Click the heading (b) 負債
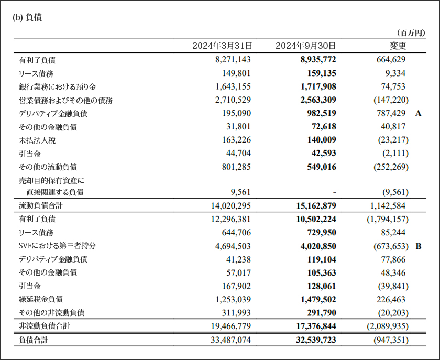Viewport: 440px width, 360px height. pos(27,17)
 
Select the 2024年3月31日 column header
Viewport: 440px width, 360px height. pos(222,46)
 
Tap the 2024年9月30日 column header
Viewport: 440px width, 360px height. pos(305,46)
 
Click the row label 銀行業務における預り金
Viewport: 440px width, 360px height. pos(58,86)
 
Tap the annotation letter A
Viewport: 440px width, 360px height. pos(418,113)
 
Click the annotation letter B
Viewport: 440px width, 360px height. pos(418,246)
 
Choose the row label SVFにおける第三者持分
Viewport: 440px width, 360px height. pos(58,246)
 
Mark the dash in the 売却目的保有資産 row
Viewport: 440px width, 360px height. pos(334,192)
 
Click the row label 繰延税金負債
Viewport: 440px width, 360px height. pos(41,299)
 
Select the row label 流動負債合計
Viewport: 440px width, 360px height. pos(41,206)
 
